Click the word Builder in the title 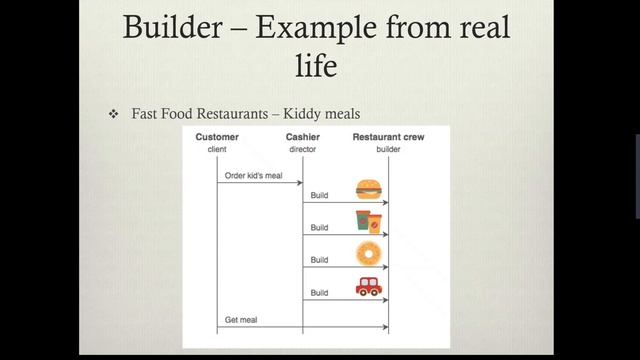coord(175,27)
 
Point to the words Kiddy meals coord(325,115)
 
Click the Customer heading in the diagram coord(217,137)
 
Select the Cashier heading coord(302,137)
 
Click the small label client coord(217,149)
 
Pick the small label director coord(302,149)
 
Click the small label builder coord(387,149)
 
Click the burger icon coord(368,189)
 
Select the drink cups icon coord(368,221)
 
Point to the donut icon coord(368,253)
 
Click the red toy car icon coord(368,287)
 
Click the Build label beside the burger coord(319,195)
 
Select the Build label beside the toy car coord(319,292)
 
